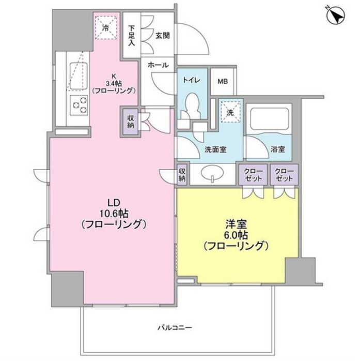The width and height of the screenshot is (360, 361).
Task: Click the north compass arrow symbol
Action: pos(336,16)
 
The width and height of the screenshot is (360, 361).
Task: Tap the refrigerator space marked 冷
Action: pos(106,28)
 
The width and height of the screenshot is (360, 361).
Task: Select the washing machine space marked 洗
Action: pos(230,112)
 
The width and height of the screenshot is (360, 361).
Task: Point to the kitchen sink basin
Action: pos(79,76)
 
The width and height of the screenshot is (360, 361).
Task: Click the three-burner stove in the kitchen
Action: pos(79,105)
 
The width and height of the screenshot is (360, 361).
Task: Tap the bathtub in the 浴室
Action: pos(269,118)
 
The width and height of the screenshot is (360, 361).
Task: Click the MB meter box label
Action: pos(223,81)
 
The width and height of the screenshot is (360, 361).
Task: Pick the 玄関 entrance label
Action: pos(163,36)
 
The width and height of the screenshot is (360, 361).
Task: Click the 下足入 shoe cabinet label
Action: pos(132,36)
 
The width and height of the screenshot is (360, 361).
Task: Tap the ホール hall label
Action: pos(158,65)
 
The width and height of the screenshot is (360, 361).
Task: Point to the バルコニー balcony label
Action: pos(175,327)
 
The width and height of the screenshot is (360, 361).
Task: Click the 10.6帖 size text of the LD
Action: pos(114,214)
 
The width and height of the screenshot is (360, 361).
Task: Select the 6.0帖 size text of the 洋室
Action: pos(236,235)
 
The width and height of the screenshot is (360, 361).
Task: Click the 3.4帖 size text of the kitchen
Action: pos(114,83)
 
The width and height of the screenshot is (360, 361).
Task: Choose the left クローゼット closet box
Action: pos(253,174)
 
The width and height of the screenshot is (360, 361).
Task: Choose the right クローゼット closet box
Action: pos(285,174)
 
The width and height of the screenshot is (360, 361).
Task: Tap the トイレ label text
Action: pos(192,80)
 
